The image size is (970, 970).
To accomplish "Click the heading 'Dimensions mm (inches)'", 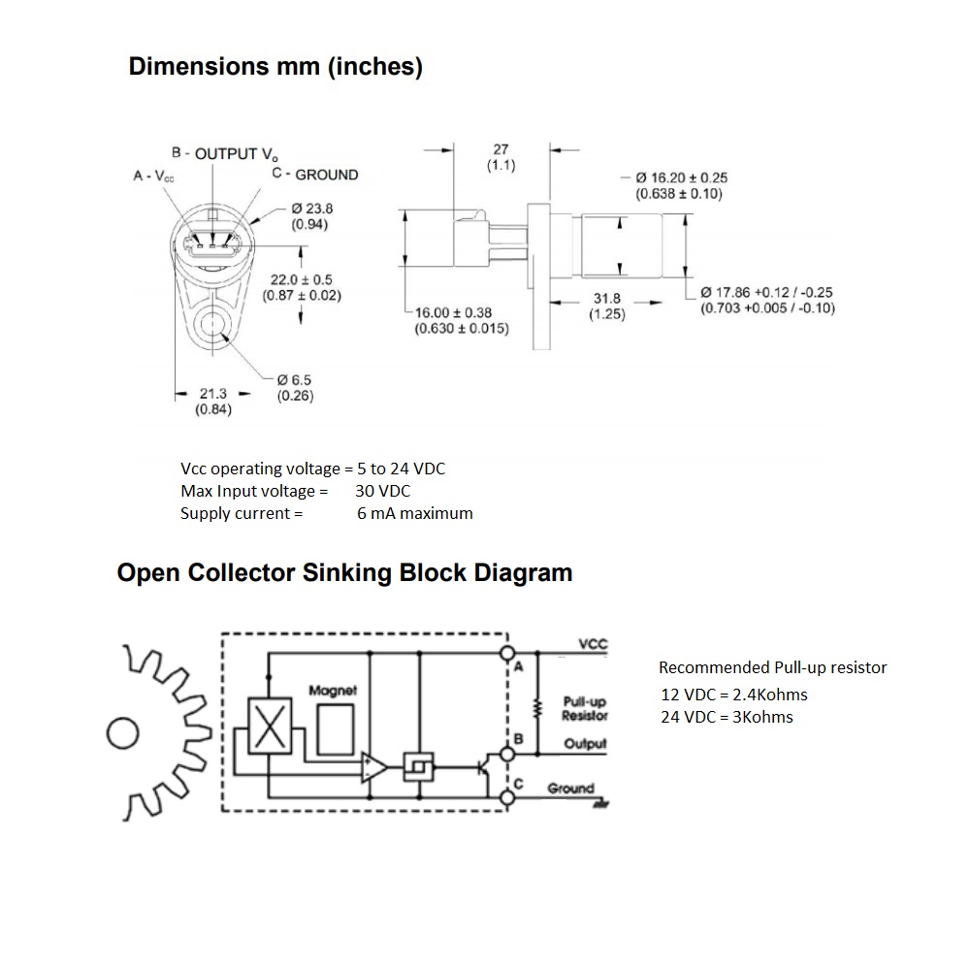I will (x=275, y=67).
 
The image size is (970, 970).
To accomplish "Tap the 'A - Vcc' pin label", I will (x=154, y=176).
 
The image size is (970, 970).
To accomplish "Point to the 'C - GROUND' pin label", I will (x=315, y=175).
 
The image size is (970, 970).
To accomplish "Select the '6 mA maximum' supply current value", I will (x=414, y=513).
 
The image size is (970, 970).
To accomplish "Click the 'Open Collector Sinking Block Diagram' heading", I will (x=344, y=572).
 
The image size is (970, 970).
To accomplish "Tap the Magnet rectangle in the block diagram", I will (x=336, y=726).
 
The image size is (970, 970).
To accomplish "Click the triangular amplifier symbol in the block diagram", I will (x=373, y=767).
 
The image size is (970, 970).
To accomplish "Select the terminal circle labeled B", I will (x=505, y=753).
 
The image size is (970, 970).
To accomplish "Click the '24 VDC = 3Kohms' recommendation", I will (x=726, y=717).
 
